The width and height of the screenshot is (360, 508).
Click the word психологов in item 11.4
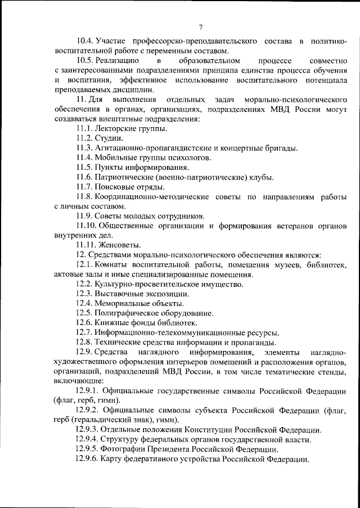(x=190, y=158)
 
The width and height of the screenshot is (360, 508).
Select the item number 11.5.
(x=84, y=168)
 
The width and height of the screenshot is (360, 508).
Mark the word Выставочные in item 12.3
(x=120, y=294)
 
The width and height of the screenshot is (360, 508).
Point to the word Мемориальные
(x=123, y=303)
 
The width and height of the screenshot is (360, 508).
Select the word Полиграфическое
(x=129, y=313)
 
